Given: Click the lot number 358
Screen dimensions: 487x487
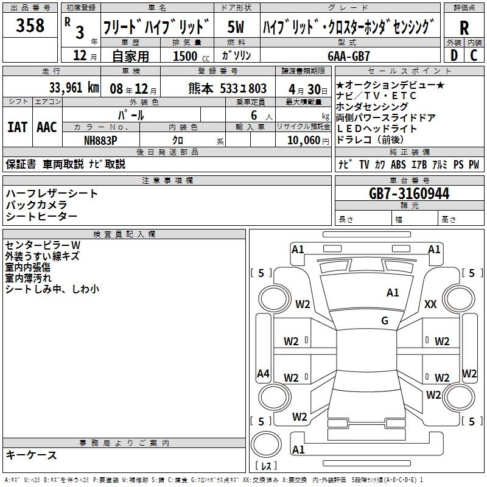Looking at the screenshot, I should coord(30,26).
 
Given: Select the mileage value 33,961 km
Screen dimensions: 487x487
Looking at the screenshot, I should coord(74,87).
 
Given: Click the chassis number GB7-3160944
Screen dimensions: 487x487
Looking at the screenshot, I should coord(409,194).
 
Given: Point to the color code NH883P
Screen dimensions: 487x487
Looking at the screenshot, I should coord(100,140).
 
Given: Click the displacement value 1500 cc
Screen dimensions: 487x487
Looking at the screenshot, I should coord(191,56).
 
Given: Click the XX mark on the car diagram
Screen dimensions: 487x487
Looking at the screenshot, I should coord(430,304).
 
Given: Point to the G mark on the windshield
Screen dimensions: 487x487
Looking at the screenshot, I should coord(384,321).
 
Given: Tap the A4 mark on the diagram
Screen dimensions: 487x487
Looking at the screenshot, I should coord(263,374).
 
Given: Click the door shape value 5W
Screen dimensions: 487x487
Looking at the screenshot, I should coord(236,27).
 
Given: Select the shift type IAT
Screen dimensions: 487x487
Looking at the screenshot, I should coord(16,127).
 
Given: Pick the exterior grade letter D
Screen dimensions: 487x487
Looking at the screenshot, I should coord(454,55).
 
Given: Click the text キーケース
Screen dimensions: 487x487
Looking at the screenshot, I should coord(31,455).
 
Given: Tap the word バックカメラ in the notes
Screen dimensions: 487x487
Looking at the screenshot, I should coord(42,205).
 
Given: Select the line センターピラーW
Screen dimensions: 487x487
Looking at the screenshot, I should coord(43,245).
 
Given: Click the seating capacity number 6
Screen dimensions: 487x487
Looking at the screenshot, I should coord(253,115).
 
